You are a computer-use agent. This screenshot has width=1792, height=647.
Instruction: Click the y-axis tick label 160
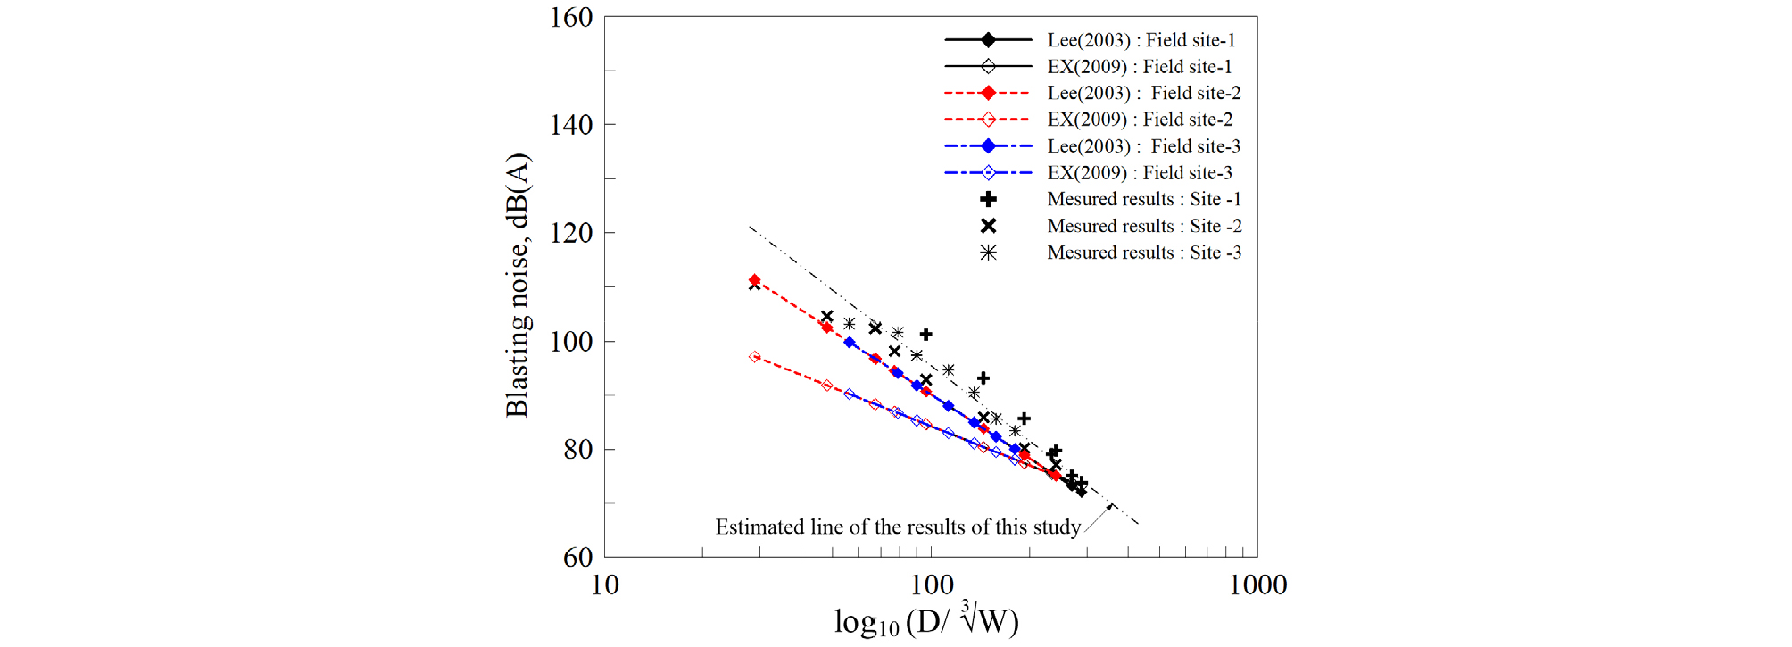point(571,18)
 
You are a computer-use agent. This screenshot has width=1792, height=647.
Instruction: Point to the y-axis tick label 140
point(571,125)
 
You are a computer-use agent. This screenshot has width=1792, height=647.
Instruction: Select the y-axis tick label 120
point(571,233)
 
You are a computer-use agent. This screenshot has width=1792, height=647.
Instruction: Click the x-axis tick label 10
point(605,585)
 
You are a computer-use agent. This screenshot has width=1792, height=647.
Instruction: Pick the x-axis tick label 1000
point(1257,585)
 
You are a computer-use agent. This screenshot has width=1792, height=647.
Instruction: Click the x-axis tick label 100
point(932,585)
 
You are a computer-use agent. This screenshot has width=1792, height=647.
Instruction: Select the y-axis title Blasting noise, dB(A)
point(518,286)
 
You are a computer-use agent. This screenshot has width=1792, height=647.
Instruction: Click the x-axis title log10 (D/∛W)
point(925,621)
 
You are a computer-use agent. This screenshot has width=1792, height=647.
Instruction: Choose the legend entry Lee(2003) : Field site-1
point(1141,40)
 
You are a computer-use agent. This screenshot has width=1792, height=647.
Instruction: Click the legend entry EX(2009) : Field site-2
point(1140,120)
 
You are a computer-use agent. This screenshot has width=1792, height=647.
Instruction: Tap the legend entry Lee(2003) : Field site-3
point(1143,146)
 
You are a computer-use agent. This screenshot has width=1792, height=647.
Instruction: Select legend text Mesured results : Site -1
point(1144,200)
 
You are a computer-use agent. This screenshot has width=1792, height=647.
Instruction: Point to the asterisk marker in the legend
point(988,253)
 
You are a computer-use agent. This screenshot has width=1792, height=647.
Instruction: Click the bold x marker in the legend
point(988,226)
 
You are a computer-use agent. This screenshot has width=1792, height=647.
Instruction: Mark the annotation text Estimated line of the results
point(898,527)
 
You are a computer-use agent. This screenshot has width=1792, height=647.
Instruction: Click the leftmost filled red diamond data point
point(755,280)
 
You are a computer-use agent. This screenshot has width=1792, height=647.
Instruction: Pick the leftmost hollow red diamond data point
point(755,357)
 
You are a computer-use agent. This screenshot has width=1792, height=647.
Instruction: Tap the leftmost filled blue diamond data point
point(850,343)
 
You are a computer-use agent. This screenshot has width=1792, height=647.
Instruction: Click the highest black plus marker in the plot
point(926,335)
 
